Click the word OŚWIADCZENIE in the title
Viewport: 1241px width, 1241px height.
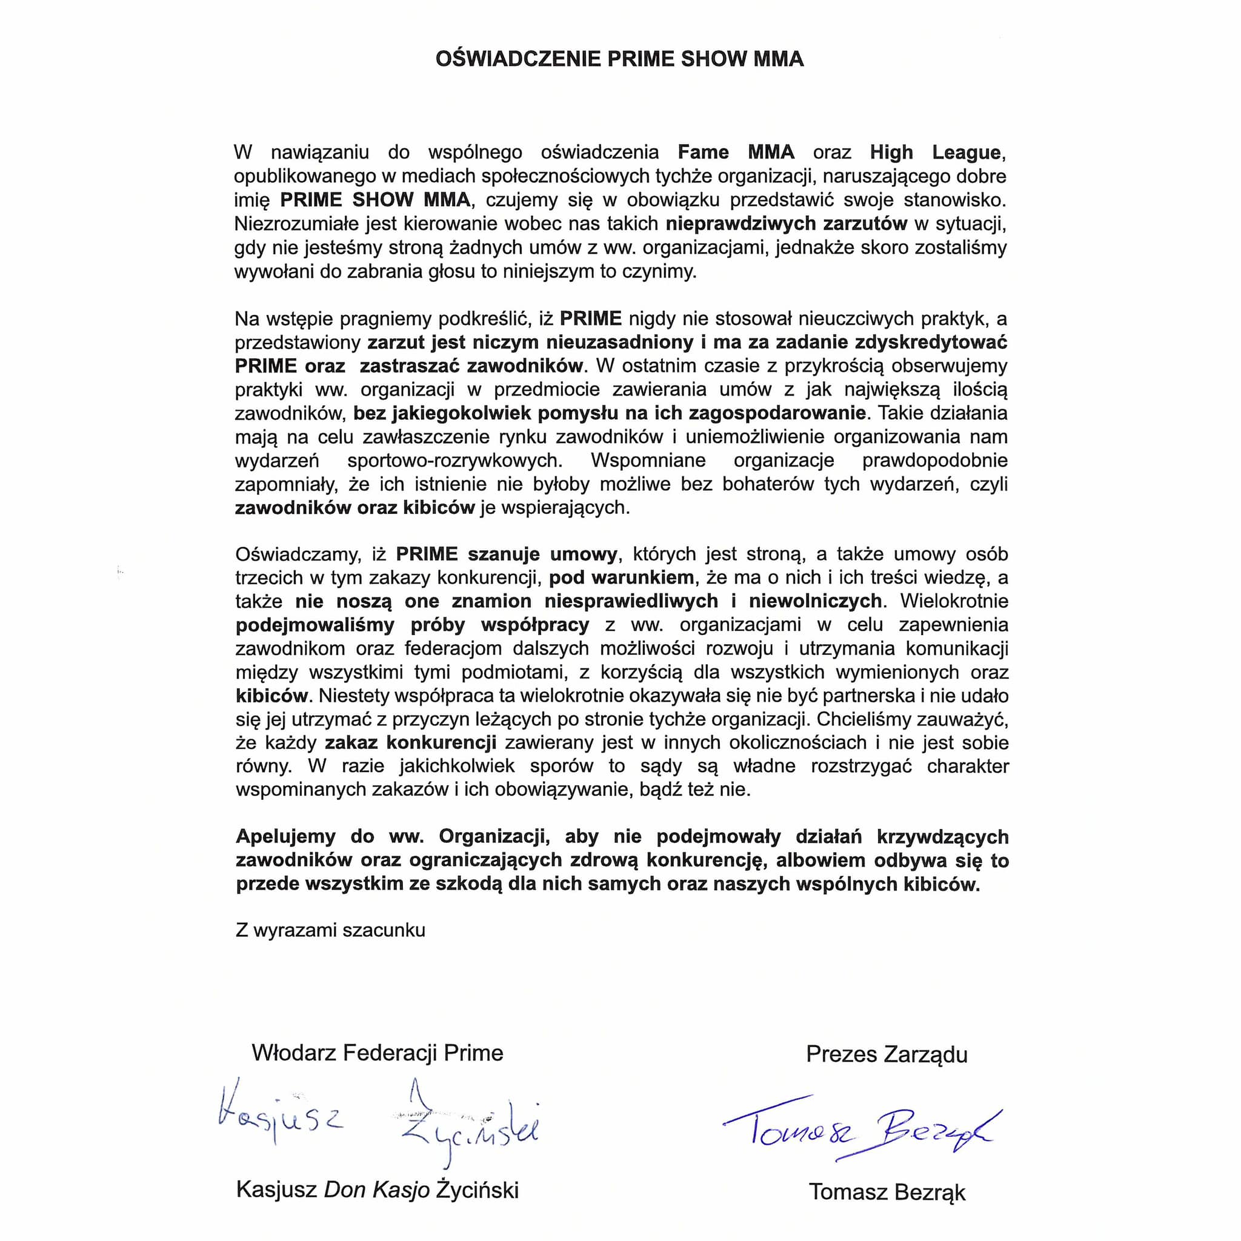coord(518,59)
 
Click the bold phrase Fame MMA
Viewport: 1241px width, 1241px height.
coord(736,152)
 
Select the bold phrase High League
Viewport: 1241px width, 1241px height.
coord(936,152)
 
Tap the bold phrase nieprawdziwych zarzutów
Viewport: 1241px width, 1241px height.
coord(786,224)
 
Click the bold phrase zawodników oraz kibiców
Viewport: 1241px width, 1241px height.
coord(354,507)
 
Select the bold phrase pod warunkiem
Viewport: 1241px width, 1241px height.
coord(621,577)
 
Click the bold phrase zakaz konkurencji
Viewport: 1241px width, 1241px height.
coord(410,742)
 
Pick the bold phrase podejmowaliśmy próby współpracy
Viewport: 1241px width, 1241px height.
coord(411,625)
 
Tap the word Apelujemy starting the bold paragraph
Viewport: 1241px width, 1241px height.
coord(286,836)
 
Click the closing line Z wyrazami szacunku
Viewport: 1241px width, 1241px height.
coord(330,930)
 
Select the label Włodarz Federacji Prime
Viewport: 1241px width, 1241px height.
coord(378,1053)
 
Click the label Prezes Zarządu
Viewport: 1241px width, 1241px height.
coord(887,1054)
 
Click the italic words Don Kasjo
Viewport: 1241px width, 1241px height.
coord(376,1189)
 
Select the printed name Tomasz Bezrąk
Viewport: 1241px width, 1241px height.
coord(887,1191)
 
